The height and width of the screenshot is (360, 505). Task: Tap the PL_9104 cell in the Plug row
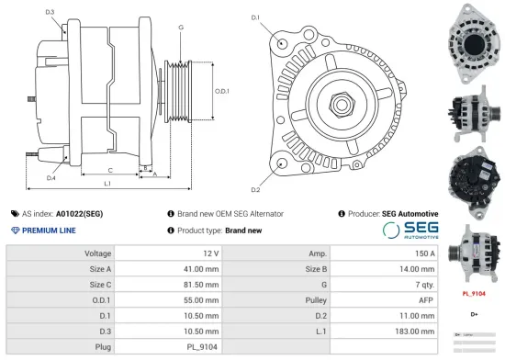point(201,346)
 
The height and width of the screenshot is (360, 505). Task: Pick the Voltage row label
point(98,253)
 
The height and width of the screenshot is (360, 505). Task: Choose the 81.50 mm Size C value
point(202,284)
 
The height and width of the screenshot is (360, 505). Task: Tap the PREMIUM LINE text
point(49,231)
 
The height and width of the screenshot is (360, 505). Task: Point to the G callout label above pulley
point(181,28)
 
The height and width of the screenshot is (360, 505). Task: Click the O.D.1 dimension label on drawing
point(221,92)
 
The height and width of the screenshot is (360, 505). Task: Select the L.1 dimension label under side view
point(107,185)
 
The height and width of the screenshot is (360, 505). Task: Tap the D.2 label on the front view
point(255,189)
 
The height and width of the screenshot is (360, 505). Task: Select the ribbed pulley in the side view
point(176,92)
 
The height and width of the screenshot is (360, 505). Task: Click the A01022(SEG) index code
point(80,213)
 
